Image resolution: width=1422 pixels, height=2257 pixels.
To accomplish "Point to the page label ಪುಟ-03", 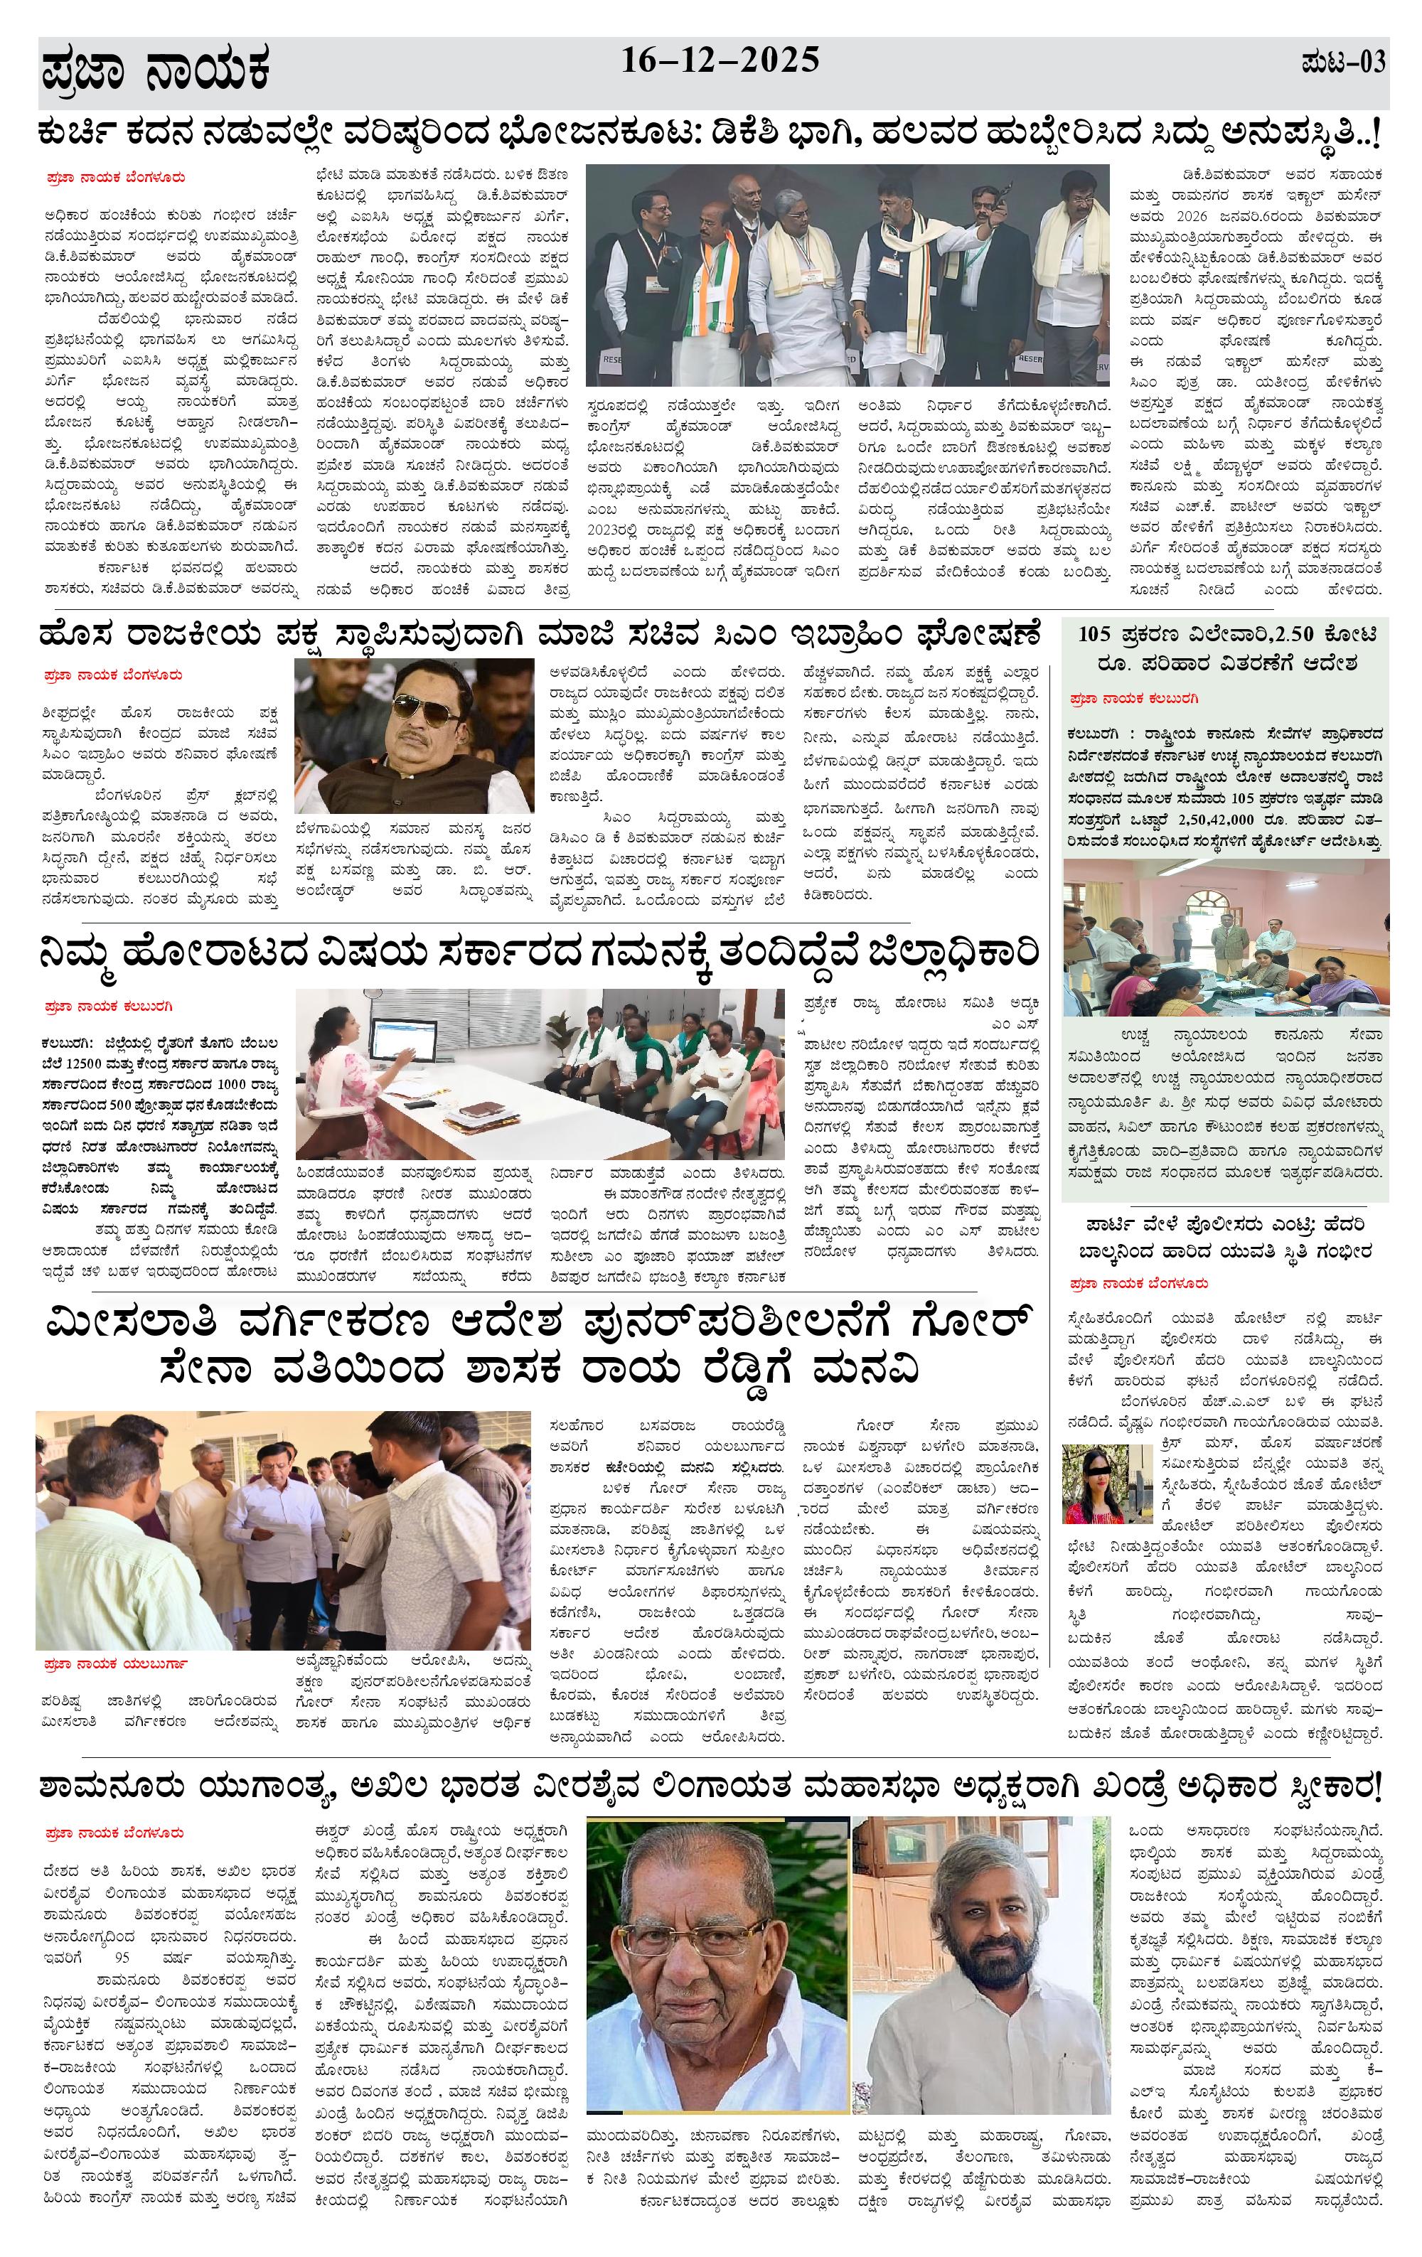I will (1342, 64).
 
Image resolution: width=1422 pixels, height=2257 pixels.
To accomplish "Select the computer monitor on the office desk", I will (403, 1039).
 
